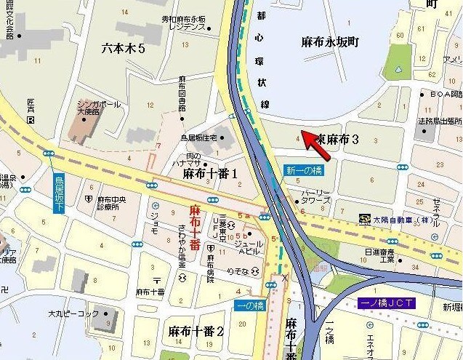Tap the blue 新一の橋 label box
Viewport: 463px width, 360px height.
pos(299,169)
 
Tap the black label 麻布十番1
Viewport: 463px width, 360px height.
pos(210,174)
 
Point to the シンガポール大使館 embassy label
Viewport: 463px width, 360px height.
pos(99,108)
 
